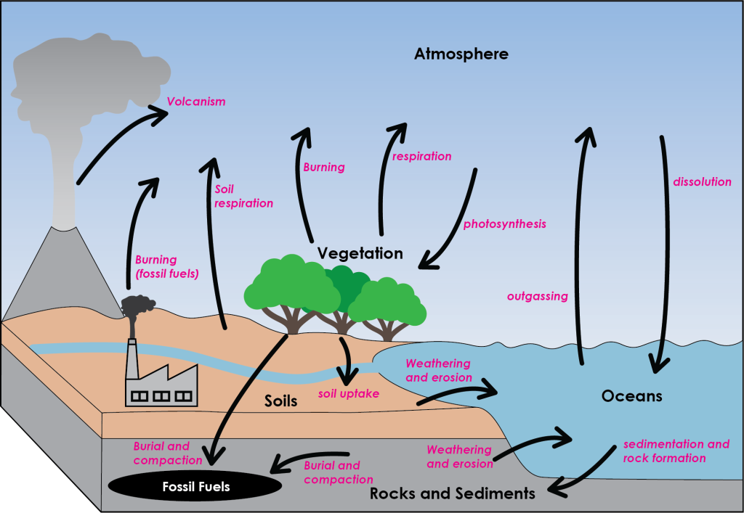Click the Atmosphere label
click(x=461, y=54)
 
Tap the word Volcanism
click(x=196, y=102)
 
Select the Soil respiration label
click(x=244, y=197)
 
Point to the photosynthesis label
click(x=504, y=224)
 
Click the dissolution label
click(x=702, y=182)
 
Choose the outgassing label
click(x=537, y=296)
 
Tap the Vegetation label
click(x=360, y=254)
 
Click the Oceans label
click(x=631, y=396)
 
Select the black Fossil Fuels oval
click(x=195, y=486)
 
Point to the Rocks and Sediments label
click(x=452, y=494)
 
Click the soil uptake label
click(x=349, y=394)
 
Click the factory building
click(x=161, y=386)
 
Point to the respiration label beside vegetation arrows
click(x=421, y=157)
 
